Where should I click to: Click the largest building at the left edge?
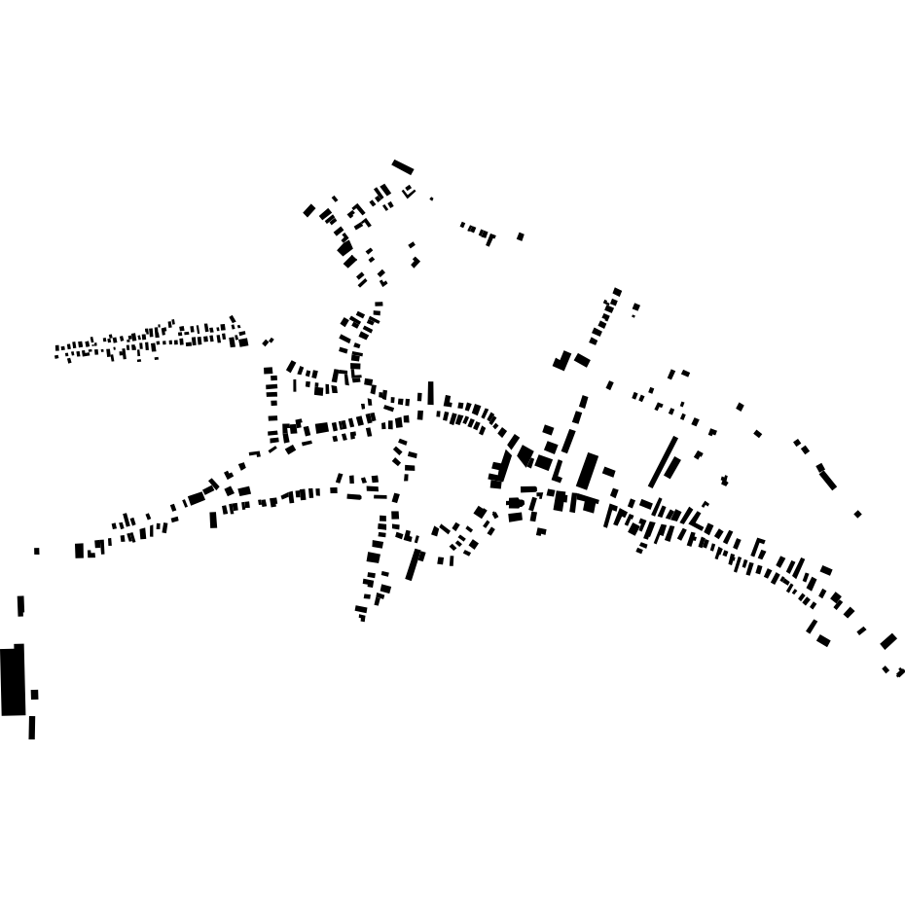point(13,681)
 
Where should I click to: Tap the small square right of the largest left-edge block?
point(35,695)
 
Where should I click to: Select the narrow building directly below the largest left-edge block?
point(32,728)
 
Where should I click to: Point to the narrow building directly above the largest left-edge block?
point(20,606)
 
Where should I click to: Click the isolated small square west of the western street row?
point(37,551)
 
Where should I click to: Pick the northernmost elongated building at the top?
point(403,167)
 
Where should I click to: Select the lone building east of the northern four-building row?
point(521,236)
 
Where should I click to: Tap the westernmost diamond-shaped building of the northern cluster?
point(309,210)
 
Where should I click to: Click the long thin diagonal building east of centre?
point(664,461)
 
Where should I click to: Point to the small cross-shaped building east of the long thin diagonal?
point(724,480)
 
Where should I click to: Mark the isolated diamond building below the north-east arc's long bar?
point(857,514)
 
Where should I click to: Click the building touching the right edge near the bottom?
point(900,672)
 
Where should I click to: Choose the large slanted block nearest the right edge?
point(887,641)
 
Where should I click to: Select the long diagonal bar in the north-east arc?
point(827,479)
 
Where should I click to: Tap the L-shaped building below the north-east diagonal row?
point(563,361)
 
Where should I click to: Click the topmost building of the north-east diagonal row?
point(617,292)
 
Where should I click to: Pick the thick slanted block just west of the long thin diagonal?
point(588,471)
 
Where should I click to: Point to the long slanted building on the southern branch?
point(414,565)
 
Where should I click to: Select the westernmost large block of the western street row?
point(80,551)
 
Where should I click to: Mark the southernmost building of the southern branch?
point(362,617)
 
